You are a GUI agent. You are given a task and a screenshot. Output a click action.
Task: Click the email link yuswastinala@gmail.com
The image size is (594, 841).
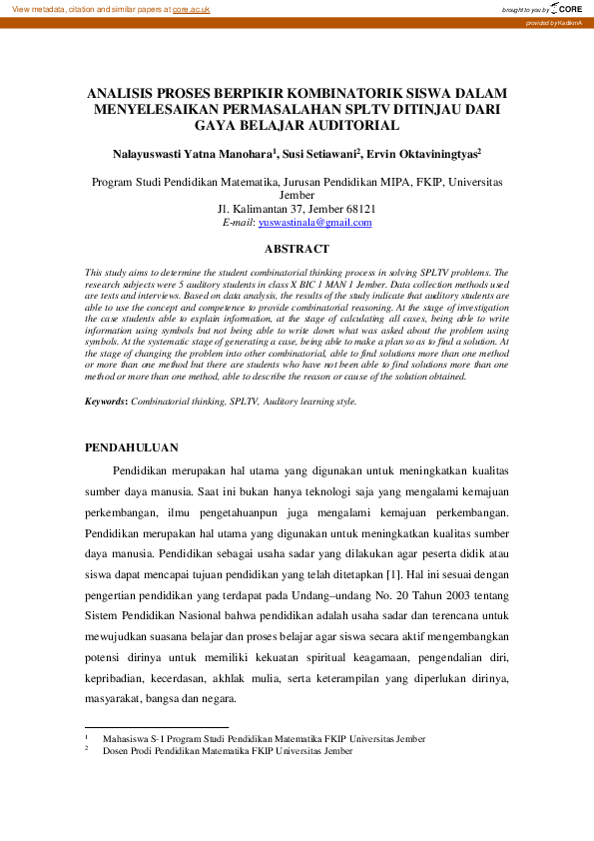coord(314,223)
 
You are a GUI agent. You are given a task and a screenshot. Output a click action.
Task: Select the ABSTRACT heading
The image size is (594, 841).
coord(296,249)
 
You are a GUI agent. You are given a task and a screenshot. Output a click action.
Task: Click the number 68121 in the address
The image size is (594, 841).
coord(357,210)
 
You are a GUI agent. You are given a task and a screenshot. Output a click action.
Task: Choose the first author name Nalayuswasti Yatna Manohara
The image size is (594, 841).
coord(183,155)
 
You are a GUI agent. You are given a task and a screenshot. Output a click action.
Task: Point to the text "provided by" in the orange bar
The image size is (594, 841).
coord(542,22)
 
